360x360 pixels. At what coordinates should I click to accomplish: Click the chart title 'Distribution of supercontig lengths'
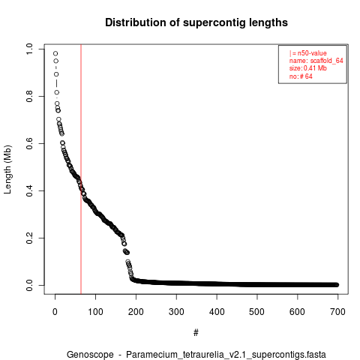pos(196,22)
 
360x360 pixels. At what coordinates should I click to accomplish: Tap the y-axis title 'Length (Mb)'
pos(7,169)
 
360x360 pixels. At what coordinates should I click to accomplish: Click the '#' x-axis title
pos(196,332)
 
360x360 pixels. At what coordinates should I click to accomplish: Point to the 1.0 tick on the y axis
pos(29,49)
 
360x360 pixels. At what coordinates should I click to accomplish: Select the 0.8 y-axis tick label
pos(29,96)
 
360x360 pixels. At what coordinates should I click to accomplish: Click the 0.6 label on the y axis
pos(29,143)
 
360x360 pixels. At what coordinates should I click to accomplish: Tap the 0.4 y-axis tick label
pos(29,190)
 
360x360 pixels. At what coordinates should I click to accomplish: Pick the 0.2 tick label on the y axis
pos(29,238)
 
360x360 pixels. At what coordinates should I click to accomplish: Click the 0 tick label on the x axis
pos(55,312)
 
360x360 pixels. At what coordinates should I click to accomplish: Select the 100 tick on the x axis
pos(95,312)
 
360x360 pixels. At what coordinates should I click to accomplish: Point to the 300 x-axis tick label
pos(176,312)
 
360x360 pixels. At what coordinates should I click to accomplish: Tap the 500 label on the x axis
pos(257,312)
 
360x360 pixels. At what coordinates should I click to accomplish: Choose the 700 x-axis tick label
pos(337,312)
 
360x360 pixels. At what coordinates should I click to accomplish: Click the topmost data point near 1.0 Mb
pos(55,53)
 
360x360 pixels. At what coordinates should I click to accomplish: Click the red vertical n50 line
pos(81,169)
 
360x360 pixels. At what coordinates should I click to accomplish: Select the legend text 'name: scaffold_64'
pos(316,61)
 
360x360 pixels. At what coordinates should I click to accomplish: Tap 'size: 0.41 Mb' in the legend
pos(308,68)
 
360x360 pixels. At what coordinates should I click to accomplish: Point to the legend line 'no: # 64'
pos(301,76)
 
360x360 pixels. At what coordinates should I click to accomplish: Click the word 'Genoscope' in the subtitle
pos(90,355)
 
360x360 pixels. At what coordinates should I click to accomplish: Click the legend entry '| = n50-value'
pos(308,53)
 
